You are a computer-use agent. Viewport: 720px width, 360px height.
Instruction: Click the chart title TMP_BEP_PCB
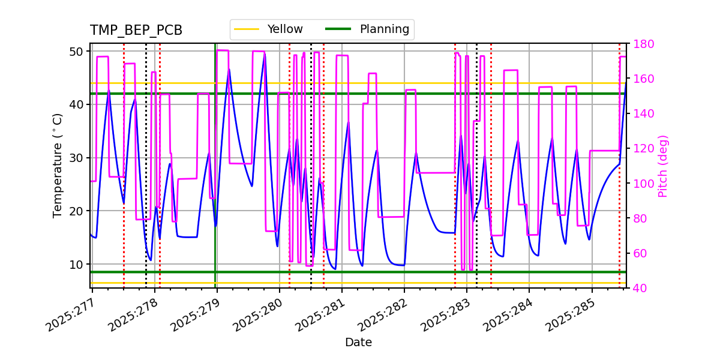coord(136,31)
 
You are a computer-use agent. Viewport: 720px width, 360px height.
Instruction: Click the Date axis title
coord(358,343)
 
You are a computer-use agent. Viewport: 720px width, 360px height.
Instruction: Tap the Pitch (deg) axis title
coord(663,166)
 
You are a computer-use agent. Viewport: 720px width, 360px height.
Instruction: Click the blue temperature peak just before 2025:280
coord(265,55)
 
